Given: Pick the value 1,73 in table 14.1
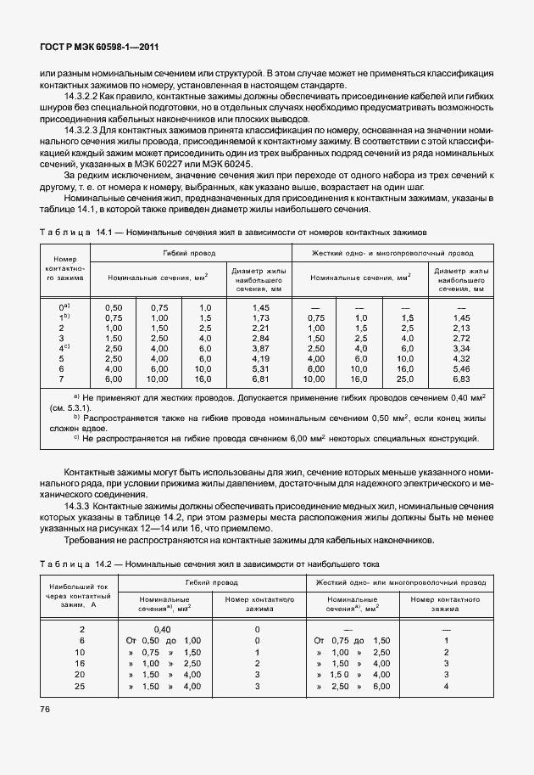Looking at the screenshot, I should (261, 317).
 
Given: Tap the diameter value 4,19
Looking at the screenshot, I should (261, 357).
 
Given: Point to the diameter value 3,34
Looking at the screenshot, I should (462, 347).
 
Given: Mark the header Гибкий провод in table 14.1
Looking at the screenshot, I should (188, 253).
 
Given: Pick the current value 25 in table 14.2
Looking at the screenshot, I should (82, 685).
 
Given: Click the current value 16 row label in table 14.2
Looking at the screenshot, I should (82, 662).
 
